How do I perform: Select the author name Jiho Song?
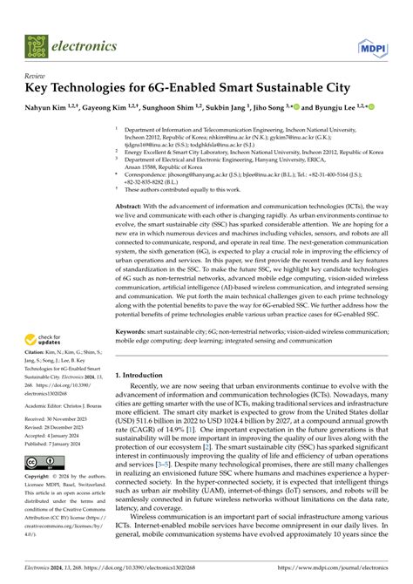point(281,109)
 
